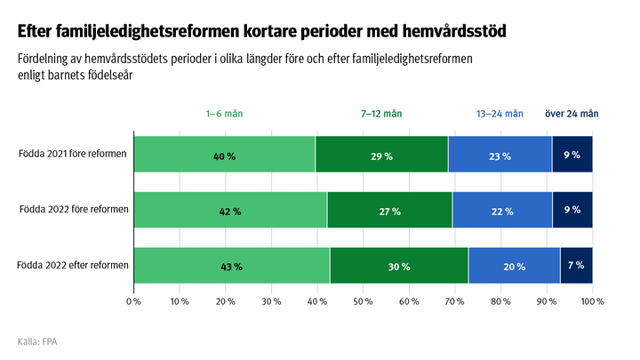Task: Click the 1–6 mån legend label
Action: [224, 114]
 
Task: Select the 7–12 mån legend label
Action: [381, 114]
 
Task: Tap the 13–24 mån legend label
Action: [500, 114]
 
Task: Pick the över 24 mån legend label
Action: [571, 114]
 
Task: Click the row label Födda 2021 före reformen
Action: [73, 154]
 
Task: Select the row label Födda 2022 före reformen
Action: [73, 210]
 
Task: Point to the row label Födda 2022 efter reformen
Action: [73, 265]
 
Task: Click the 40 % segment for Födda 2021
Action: [224, 155]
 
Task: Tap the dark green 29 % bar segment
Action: [381, 155]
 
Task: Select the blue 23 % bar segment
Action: [500, 155]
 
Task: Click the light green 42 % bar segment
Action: [229, 211]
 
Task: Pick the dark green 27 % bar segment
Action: [389, 211]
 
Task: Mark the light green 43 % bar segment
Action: [231, 266]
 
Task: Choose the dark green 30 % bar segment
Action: [399, 266]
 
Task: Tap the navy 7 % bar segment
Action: [576, 266]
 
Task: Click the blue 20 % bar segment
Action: [514, 266]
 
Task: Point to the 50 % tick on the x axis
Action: [363, 301]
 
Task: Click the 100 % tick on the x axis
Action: [592, 301]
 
